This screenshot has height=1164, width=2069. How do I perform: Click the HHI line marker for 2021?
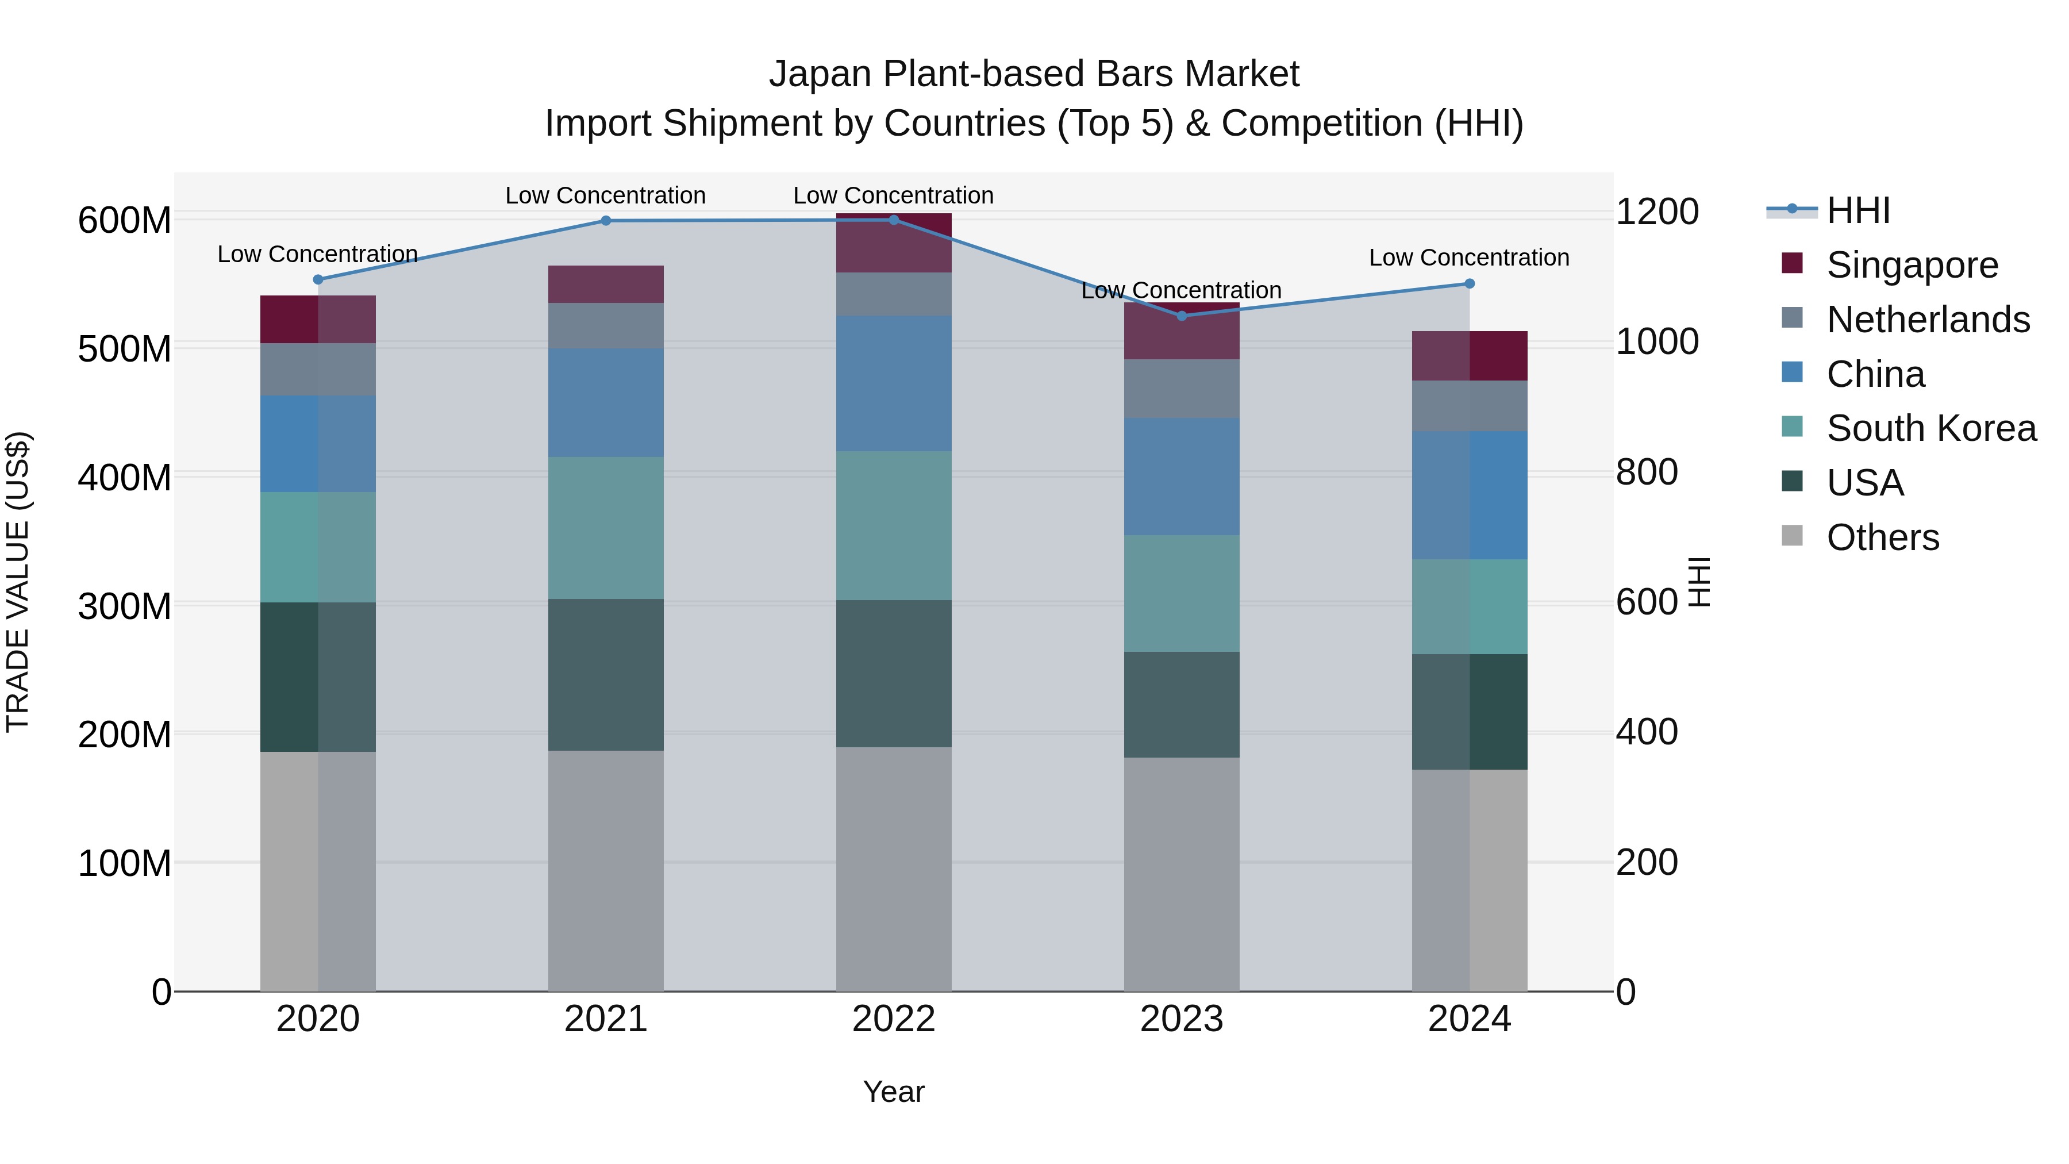tap(606, 221)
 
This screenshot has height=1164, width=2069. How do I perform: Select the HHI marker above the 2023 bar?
tap(1182, 316)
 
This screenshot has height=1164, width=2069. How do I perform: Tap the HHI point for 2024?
tap(1469, 283)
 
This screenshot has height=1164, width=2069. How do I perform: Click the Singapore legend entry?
tap(1912, 265)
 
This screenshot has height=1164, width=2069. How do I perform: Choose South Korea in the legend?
tap(1931, 428)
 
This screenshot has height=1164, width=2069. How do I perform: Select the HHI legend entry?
tap(1858, 210)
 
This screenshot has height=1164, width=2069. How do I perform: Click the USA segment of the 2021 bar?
tap(606, 675)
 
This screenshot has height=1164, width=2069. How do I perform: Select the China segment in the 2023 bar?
tap(1182, 477)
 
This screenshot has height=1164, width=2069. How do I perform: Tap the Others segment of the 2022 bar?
tap(893, 869)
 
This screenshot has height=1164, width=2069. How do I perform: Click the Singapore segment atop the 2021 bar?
tap(606, 285)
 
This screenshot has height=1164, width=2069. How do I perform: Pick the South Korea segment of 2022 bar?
tap(893, 525)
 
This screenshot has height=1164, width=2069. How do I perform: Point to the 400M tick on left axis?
tap(125, 477)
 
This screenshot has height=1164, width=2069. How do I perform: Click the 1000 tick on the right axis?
tap(1656, 341)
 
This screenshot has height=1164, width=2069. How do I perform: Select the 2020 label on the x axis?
tap(318, 1019)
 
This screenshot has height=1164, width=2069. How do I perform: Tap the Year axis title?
tap(893, 1092)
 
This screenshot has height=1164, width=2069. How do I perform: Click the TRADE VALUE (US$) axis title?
tap(18, 582)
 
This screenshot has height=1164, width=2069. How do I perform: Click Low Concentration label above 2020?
tap(318, 254)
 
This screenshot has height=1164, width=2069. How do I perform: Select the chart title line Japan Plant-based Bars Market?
tap(1034, 74)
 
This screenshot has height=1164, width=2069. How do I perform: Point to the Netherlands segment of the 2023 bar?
tap(1182, 388)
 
